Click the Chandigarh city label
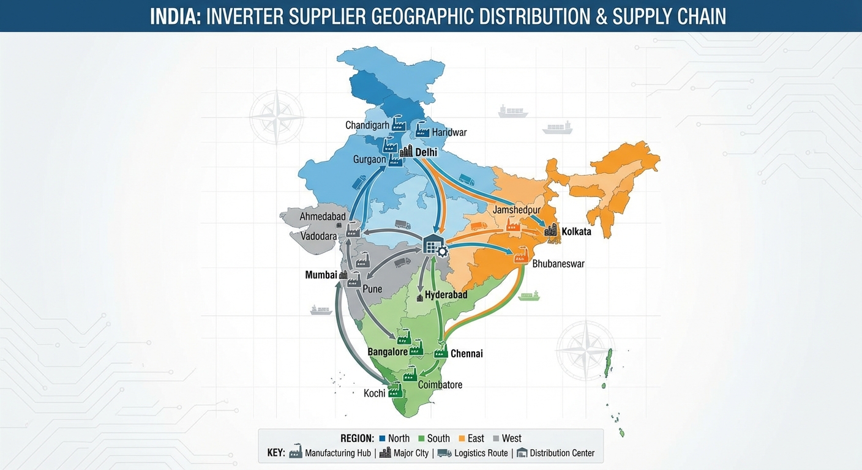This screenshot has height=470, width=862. [367, 125]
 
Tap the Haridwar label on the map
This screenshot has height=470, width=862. [449, 132]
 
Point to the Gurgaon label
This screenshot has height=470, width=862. [370, 159]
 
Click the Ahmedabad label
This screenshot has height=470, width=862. [323, 217]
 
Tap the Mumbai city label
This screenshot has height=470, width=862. [321, 275]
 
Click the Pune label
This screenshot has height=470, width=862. [372, 288]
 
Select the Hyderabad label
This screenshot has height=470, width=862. [446, 295]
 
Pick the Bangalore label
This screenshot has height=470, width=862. [388, 352]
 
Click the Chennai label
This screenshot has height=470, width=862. [467, 354]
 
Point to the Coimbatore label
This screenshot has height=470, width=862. [440, 385]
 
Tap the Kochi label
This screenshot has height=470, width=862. [374, 393]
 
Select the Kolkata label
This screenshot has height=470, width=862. [576, 232]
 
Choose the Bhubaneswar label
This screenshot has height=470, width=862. [558, 264]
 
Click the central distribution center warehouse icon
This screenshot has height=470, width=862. [433, 246]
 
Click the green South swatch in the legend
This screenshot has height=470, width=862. [421, 438]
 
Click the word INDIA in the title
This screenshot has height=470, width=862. [175, 17]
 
